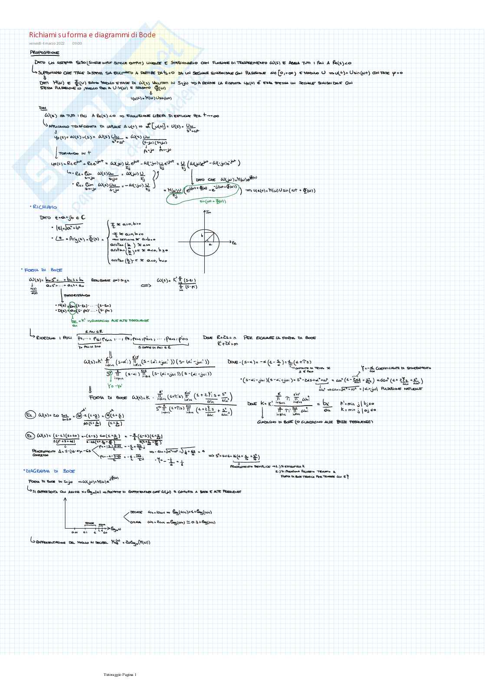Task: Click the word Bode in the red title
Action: [x=147, y=35]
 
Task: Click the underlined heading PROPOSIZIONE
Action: [x=45, y=53]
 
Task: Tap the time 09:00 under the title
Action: [x=77, y=43]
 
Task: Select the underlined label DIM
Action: [x=43, y=108]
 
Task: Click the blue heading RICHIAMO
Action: [x=44, y=207]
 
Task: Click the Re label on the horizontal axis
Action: [x=234, y=243]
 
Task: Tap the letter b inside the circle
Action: [x=202, y=235]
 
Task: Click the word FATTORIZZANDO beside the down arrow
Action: [x=77, y=295]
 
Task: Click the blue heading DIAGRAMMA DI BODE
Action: [x=50, y=471]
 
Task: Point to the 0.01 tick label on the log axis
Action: [x=75, y=532]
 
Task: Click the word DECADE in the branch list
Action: [x=136, y=512]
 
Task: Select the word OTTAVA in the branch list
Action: [x=135, y=522]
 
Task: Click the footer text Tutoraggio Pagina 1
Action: [x=120, y=675]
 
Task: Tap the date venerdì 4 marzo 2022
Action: [x=47, y=43]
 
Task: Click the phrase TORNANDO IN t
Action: [x=75, y=153]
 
